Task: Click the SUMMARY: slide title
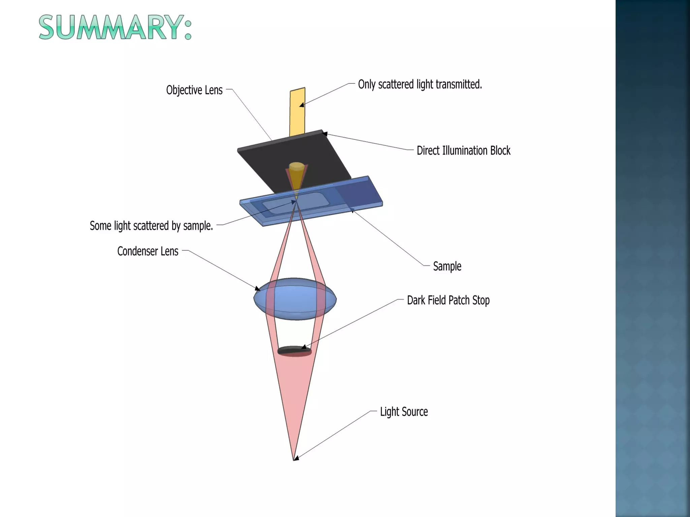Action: [x=115, y=28]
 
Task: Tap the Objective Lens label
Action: [x=194, y=90]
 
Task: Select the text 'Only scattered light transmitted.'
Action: [x=420, y=84]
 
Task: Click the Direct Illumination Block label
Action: [x=463, y=150]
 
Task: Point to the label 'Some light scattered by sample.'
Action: [x=151, y=226]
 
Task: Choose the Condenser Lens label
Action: [x=148, y=251]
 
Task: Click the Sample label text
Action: [x=447, y=266]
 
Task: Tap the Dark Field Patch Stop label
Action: [x=448, y=300]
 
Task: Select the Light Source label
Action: [x=404, y=412]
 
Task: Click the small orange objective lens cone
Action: [x=296, y=175]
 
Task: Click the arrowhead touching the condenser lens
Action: [x=258, y=288]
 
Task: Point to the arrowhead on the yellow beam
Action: [x=302, y=105]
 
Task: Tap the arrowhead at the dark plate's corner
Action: [x=325, y=134]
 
